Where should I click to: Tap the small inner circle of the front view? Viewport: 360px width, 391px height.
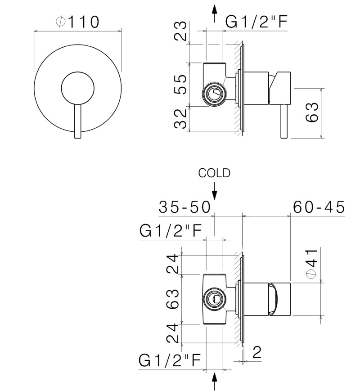pos(78,88)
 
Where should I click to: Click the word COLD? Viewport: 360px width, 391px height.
pos(215,173)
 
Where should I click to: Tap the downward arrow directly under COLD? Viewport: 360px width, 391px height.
pos(215,191)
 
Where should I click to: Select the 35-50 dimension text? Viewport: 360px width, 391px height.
pos(184,207)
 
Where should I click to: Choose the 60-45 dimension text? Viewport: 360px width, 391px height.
pos(319,207)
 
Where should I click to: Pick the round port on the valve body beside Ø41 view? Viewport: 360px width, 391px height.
pos(214,298)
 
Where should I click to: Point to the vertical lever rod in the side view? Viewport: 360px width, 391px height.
pos(283,121)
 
